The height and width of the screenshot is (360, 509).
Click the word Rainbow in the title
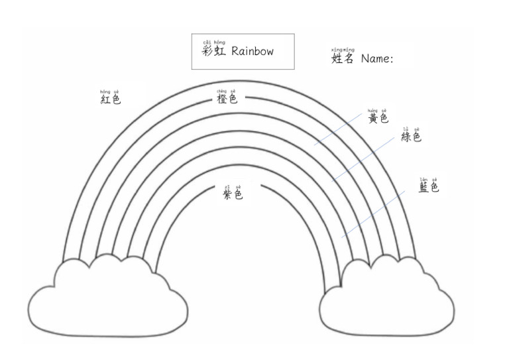pos(253,52)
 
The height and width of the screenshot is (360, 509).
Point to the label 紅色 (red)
pos(111,99)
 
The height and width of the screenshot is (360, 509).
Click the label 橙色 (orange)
pos(227,99)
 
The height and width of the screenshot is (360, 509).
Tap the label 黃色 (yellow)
pos(378,119)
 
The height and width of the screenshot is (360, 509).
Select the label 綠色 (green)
pos(411,137)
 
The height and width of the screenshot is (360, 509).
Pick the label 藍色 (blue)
pos(429,188)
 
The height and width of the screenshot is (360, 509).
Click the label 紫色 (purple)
pos(233,194)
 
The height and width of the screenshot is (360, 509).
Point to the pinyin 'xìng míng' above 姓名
pos(343,49)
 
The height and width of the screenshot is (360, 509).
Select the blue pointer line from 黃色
pos(338,128)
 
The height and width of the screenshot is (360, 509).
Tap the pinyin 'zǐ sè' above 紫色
pos(233,186)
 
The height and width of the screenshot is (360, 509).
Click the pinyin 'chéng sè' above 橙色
pos(226,91)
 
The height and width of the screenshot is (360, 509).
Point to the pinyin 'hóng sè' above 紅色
pos(109,91)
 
